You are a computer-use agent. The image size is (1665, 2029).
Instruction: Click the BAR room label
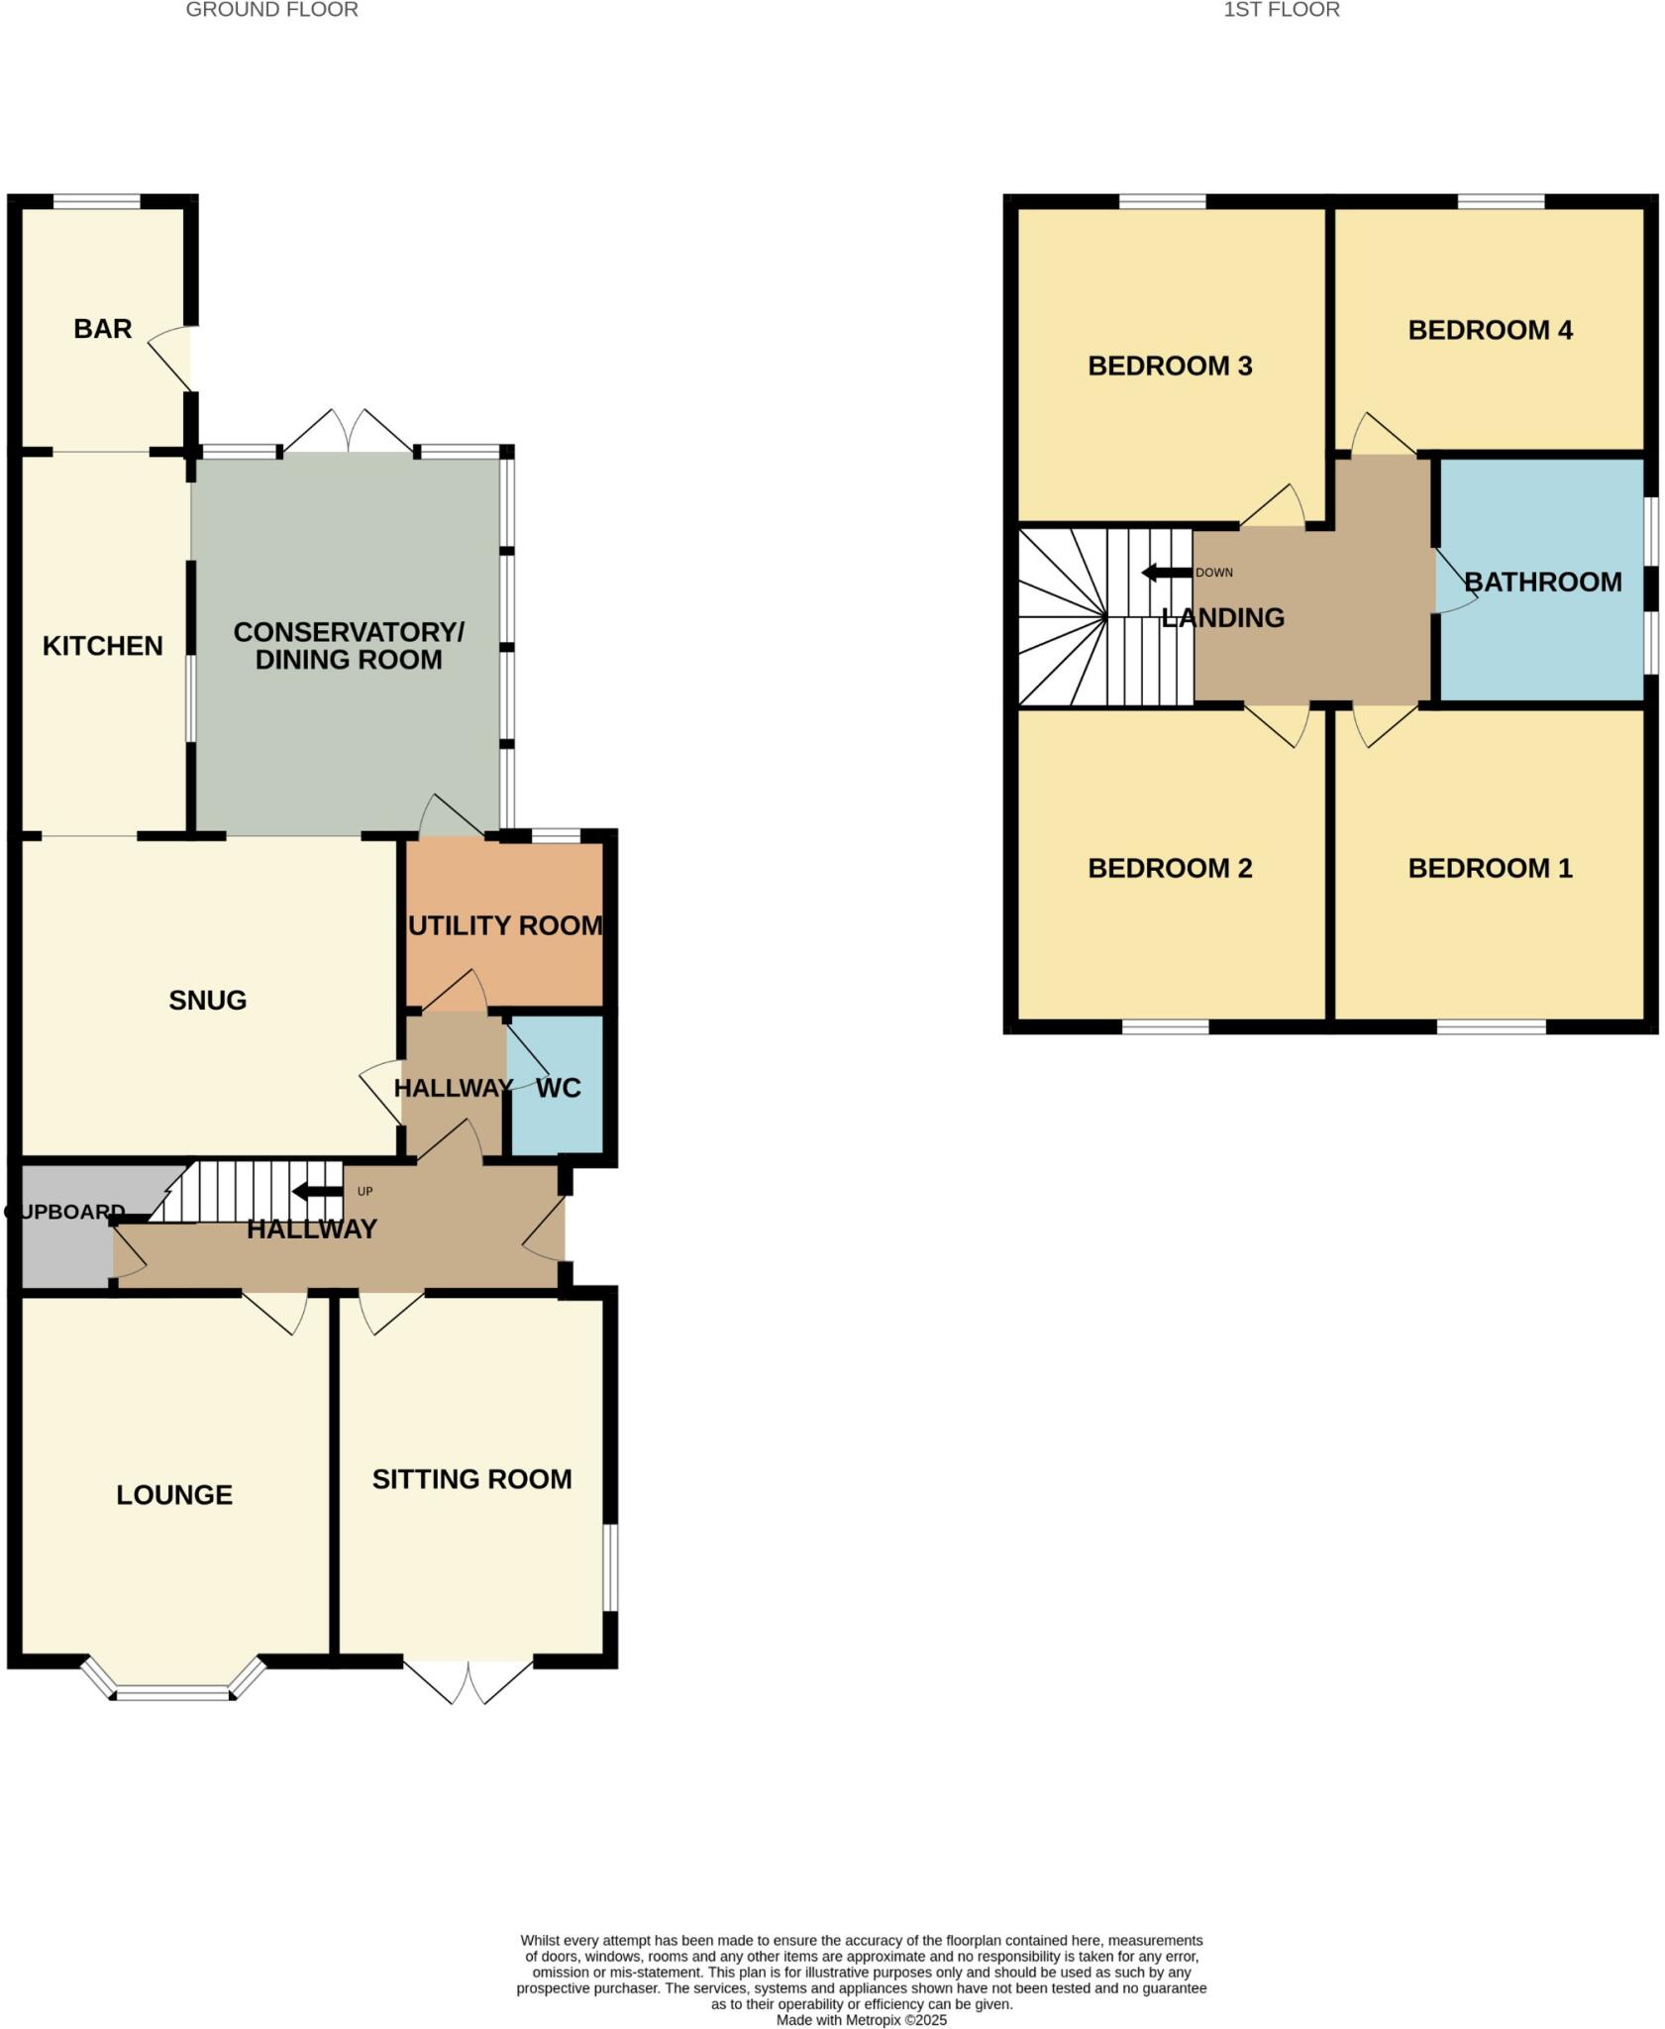[102, 329]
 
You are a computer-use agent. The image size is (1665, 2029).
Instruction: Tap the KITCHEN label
[102, 646]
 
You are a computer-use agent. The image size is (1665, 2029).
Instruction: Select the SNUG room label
[207, 1001]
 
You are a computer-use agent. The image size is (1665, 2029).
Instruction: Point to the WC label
[558, 1088]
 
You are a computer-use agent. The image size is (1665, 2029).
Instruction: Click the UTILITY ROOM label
[505, 925]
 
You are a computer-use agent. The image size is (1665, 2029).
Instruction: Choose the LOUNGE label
[174, 1495]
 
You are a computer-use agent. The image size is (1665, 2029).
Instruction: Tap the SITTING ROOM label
[471, 1479]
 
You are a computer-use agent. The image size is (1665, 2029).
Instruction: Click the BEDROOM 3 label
[1170, 367]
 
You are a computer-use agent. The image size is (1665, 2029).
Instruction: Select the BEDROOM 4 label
[1490, 330]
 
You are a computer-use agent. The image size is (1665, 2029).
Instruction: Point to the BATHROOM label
[1542, 582]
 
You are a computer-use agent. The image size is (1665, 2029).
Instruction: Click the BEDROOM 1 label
[1490, 868]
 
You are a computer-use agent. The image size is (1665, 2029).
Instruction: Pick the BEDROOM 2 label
[1170, 868]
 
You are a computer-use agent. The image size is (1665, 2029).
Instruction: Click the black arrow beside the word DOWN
[1166, 573]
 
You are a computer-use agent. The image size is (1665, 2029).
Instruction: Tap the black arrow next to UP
[317, 1191]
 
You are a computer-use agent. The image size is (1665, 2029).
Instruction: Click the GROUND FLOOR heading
[271, 10]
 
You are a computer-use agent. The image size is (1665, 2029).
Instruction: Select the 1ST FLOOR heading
[1281, 10]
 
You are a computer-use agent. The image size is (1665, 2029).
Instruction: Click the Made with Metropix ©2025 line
[861, 2020]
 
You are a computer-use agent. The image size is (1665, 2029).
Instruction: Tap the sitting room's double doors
[468, 1680]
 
